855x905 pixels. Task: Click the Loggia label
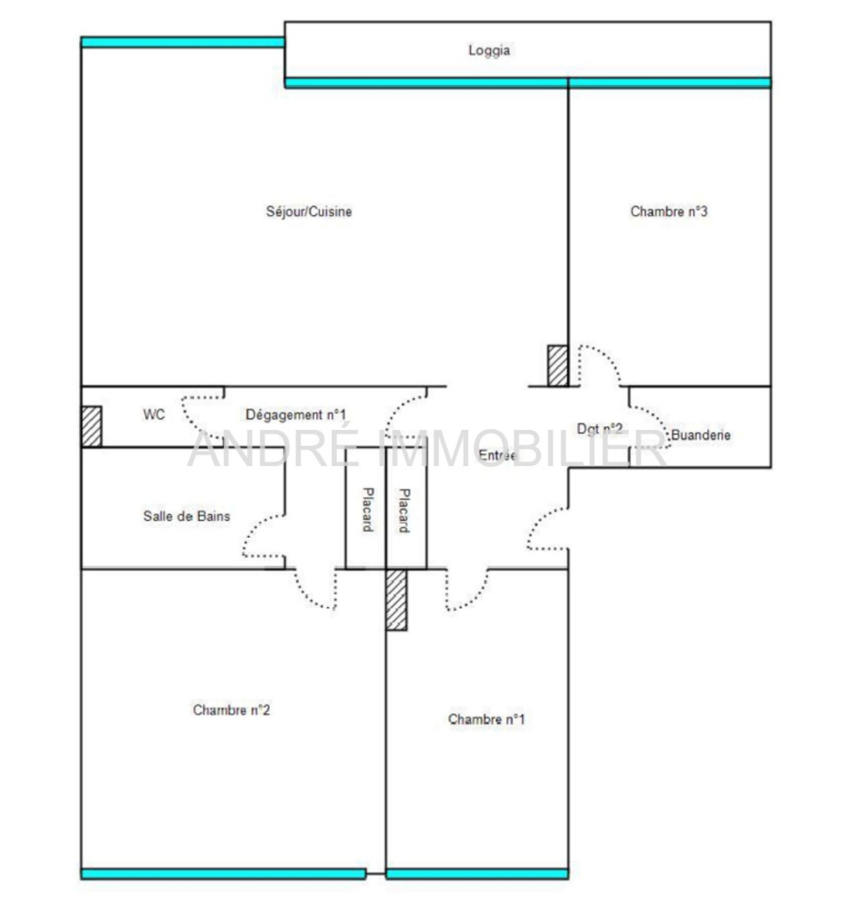(489, 51)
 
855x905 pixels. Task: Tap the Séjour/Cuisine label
(309, 212)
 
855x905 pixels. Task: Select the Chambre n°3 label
(669, 212)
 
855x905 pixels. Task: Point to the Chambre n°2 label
(231, 710)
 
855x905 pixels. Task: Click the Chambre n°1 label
(486, 719)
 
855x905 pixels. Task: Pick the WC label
(154, 415)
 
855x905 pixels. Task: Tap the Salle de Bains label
(186, 516)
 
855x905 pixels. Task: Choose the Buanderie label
(701, 435)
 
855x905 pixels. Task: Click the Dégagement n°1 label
(296, 415)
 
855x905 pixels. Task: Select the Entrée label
(497, 455)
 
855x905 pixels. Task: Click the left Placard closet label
(368, 510)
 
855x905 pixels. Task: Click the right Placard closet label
(405, 510)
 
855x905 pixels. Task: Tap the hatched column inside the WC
(91, 427)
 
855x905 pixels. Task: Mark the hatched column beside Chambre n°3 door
(557, 366)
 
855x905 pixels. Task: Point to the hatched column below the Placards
(396, 600)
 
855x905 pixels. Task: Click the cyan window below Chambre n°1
(477, 875)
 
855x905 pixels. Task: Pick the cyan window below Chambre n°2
(223, 875)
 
